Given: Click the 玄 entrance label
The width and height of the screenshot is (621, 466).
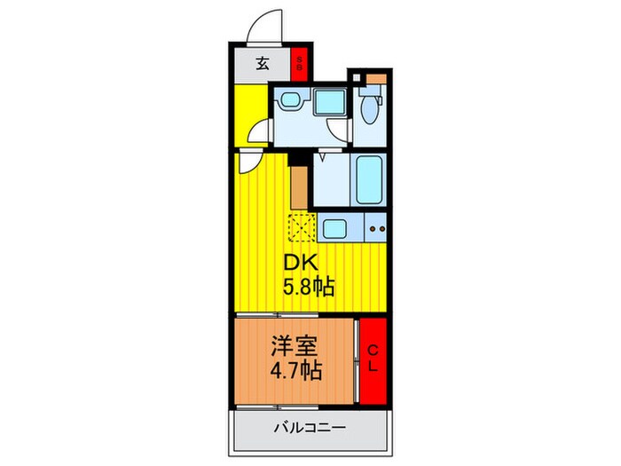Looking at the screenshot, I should [263, 63].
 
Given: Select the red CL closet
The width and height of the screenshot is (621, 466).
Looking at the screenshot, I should [372, 359].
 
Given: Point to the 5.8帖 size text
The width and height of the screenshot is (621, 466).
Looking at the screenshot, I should [309, 288].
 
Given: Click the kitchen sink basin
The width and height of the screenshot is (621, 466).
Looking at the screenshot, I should [336, 230].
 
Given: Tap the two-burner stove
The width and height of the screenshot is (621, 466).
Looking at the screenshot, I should [376, 230].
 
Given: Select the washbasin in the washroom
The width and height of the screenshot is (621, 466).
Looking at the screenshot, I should [287, 102].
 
